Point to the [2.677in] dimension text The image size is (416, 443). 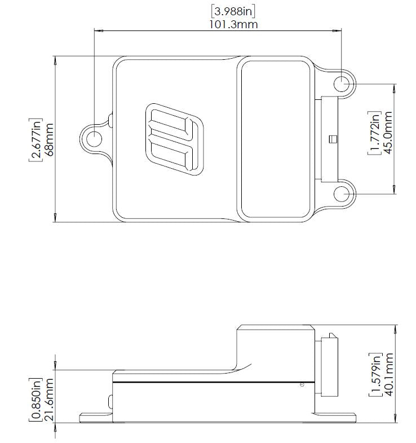click(x=35, y=139)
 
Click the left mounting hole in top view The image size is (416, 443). click(x=94, y=139)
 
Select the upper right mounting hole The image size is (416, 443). click(x=342, y=84)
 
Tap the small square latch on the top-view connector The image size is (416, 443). click(x=333, y=138)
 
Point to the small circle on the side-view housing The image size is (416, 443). click(x=302, y=385)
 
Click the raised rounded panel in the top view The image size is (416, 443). click(x=275, y=139)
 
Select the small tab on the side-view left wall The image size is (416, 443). click(x=110, y=401)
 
